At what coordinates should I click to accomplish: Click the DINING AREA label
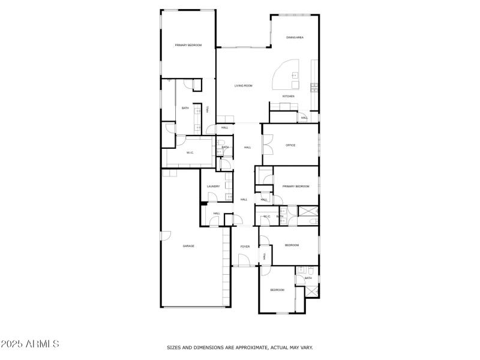click(x=295, y=38)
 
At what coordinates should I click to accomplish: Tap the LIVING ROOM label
click(x=243, y=86)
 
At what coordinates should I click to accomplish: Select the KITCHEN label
click(x=289, y=96)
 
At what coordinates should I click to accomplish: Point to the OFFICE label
click(x=290, y=145)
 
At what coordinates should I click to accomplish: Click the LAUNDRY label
click(x=213, y=186)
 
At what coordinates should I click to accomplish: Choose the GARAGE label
click(x=188, y=246)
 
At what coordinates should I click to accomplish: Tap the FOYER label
click(x=245, y=247)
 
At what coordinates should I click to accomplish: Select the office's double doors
click(x=268, y=144)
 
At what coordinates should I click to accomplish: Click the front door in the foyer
click(x=244, y=260)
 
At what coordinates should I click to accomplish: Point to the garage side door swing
click(x=166, y=236)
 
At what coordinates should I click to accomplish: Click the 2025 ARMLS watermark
click(x=30, y=344)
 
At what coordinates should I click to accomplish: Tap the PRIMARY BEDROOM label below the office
click(x=296, y=186)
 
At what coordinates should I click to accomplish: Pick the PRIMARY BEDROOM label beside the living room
click(x=188, y=46)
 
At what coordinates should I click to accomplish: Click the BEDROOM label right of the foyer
click(x=292, y=245)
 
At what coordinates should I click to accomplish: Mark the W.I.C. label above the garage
click(x=190, y=152)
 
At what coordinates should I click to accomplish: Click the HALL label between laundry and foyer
click(x=244, y=199)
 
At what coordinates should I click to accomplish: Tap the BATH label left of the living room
click(x=185, y=108)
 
